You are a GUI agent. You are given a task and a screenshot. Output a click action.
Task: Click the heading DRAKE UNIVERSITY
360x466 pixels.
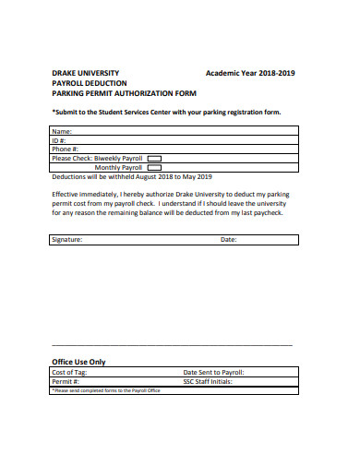(x=85, y=72)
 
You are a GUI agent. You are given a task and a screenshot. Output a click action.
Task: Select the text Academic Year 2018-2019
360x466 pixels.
(x=251, y=72)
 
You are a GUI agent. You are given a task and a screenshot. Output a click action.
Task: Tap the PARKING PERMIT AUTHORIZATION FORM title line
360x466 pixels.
(x=124, y=92)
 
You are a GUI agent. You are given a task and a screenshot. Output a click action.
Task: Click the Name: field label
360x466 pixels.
(x=62, y=132)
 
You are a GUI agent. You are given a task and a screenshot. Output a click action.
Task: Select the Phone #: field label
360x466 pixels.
(x=66, y=149)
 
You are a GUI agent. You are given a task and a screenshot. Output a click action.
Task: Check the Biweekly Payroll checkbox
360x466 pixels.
(x=154, y=158)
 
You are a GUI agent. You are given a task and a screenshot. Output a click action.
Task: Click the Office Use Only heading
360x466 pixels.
(x=78, y=362)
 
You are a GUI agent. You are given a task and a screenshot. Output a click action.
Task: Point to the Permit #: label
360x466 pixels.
(x=66, y=381)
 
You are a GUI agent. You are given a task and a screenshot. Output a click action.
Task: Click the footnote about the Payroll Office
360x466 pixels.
(x=106, y=390)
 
